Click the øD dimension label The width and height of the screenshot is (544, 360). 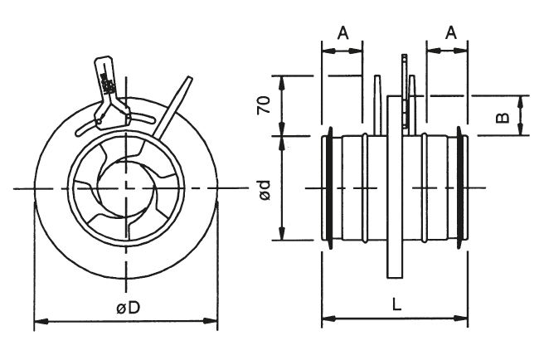pos(128,308)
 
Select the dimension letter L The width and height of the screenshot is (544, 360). pos(396,304)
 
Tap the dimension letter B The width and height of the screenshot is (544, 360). pos(503,115)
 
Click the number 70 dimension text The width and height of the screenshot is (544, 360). pos(264,105)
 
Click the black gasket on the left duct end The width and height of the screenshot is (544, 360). pos(330,187)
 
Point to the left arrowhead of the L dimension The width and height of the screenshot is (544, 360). pos(326,318)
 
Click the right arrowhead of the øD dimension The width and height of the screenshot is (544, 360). pos(212,319)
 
